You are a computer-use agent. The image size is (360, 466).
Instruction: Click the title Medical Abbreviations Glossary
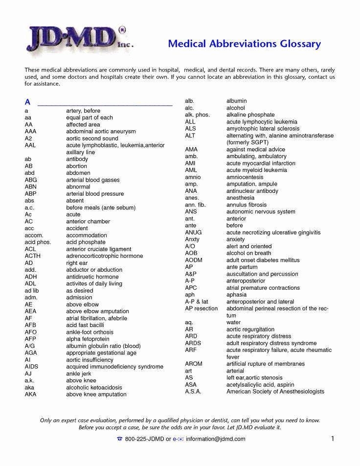click(x=244, y=44)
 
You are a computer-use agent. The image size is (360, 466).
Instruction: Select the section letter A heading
click(x=27, y=102)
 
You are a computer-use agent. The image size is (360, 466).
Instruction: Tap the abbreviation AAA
click(x=30, y=132)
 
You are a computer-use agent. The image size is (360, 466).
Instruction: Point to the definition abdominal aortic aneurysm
click(x=101, y=132)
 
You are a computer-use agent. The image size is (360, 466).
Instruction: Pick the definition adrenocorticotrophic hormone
click(x=104, y=256)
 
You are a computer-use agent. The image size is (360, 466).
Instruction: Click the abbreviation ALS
click(x=190, y=129)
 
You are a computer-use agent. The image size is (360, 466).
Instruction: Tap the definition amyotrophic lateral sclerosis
click(x=263, y=129)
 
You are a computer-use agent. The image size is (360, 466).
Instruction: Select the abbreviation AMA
click(x=191, y=149)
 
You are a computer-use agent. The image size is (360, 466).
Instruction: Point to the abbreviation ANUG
click(x=193, y=233)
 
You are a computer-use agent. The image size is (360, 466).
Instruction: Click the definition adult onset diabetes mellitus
click(x=263, y=260)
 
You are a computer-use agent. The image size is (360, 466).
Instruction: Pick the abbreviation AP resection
click(x=201, y=309)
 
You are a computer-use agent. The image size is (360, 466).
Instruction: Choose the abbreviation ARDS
click(x=193, y=343)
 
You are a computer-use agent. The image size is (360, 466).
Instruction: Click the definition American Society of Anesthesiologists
click(x=275, y=392)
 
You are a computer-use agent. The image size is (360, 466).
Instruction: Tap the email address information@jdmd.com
click(x=215, y=439)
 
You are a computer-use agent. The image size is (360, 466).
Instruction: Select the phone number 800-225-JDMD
click(x=144, y=439)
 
